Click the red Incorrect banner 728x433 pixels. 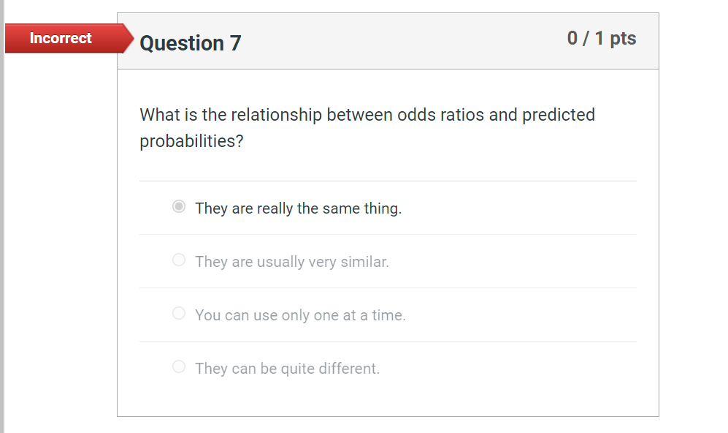tap(61, 38)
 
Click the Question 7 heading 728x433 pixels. tap(190, 43)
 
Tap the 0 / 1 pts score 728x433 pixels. tap(602, 38)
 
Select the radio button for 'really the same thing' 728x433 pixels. tap(179, 207)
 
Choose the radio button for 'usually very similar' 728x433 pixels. tap(179, 260)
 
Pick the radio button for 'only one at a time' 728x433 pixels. tap(179, 314)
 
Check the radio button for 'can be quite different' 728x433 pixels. tap(179, 367)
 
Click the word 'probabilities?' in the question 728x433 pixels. tap(191, 141)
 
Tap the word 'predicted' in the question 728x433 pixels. tap(559, 115)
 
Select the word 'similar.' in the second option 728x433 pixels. tap(364, 262)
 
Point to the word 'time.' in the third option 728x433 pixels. tap(388, 315)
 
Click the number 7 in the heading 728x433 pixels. tap(235, 43)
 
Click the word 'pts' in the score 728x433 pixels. tap(623, 38)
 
